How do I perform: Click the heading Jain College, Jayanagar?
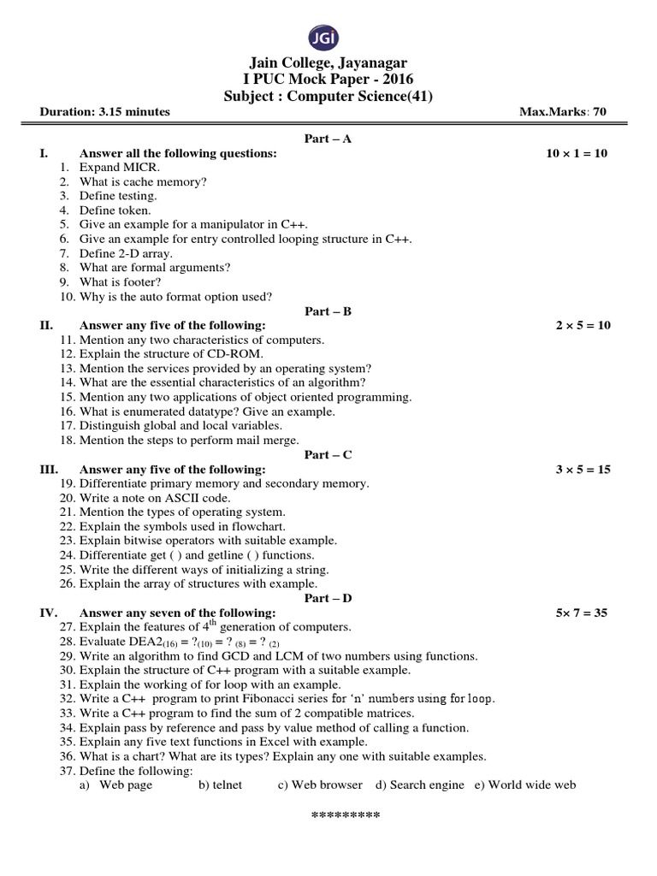[328, 63]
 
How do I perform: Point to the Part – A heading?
[328, 139]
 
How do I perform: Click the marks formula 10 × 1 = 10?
[577, 153]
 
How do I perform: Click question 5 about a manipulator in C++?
[193, 225]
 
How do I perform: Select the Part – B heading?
[328, 311]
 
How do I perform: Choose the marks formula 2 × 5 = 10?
[583, 326]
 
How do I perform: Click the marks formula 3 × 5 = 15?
[583, 470]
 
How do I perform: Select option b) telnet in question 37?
[220, 784]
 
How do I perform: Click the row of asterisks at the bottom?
[345, 814]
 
